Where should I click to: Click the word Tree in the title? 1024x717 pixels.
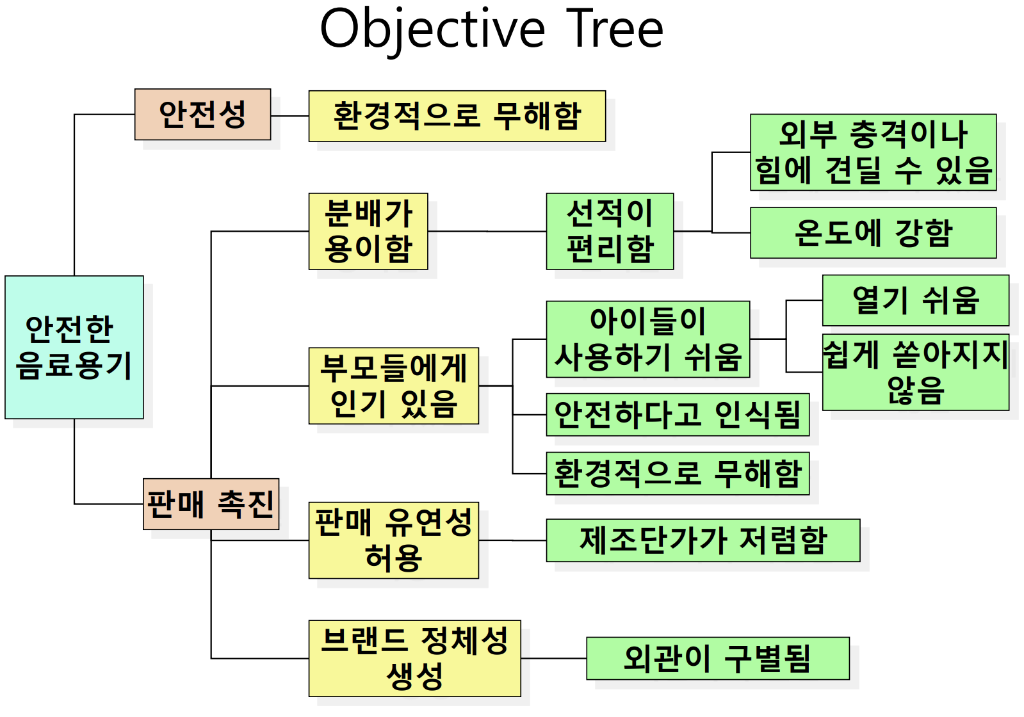[x=614, y=29]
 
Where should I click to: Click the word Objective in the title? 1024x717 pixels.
[x=432, y=29]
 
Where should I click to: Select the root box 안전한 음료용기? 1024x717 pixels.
[x=74, y=347]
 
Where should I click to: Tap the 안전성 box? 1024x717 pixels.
[x=202, y=115]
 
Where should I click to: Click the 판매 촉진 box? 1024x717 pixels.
[x=211, y=504]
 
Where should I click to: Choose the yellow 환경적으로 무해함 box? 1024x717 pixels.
[x=457, y=116]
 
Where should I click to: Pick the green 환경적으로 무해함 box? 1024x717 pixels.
[x=678, y=474]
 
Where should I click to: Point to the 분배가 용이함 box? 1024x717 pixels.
[x=368, y=231]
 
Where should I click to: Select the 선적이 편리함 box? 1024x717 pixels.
[x=610, y=231]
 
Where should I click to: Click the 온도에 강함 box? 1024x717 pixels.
[x=873, y=232]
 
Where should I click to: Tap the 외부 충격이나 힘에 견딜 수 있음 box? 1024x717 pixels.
[x=873, y=152]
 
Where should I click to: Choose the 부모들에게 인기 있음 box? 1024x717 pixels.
[x=393, y=385]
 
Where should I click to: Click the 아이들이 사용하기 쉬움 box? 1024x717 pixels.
[x=647, y=339]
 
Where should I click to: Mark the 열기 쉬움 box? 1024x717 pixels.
[x=915, y=300]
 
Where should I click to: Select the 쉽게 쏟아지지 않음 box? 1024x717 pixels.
[x=915, y=372]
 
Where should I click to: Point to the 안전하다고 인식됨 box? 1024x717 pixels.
[x=678, y=415]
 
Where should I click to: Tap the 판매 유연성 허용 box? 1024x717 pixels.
[x=393, y=540]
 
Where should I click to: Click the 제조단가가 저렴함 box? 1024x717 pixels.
[x=703, y=540]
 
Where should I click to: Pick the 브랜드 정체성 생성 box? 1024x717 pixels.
[x=414, y=658]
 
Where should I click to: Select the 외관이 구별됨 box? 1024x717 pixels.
[x=717, y=658]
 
